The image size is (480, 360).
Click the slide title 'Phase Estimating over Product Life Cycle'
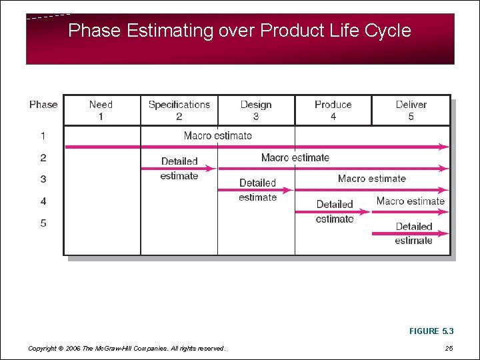239,31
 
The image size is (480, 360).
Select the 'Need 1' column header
101,110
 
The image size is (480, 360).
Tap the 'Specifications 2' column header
179,110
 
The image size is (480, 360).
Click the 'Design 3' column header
256,110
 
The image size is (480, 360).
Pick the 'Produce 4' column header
333,110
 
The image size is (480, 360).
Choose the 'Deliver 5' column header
411,110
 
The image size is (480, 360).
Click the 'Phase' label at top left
43,104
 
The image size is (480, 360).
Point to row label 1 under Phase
43,136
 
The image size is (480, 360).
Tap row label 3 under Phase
43,179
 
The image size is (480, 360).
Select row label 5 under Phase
43,223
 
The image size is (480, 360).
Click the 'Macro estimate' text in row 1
218,135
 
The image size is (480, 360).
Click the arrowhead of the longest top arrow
445,147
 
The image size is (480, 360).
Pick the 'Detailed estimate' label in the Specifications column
179,169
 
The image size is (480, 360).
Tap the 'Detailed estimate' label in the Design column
257,190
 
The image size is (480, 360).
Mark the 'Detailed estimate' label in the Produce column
335,211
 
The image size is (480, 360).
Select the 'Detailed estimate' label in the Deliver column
413,233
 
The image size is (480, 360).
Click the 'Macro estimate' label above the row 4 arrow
410,201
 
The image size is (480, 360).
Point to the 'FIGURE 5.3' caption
433,331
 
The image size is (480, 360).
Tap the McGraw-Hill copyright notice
127,348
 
